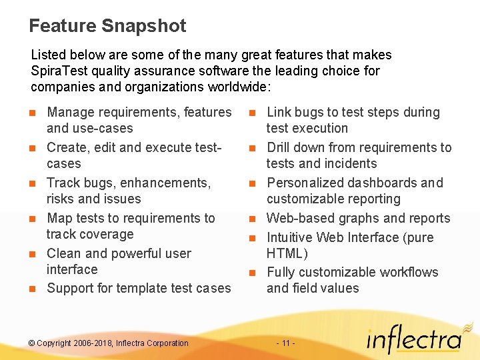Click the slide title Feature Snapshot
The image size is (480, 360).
coord(107,26)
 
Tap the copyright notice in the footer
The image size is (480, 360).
coord(109,343)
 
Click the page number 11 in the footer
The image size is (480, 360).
coord(285,343)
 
